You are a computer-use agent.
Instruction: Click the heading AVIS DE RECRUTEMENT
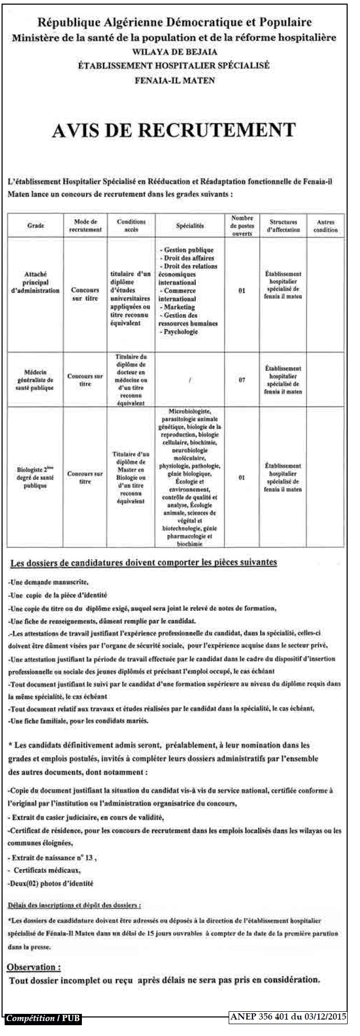pos(174,130)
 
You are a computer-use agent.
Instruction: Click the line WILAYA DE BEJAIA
pos(175,52)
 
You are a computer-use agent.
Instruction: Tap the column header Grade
pos(36,226)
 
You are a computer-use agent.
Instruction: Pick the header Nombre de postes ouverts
pos(242,226)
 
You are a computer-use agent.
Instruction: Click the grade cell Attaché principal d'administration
pos(36,283)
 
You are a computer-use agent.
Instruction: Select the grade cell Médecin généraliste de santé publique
pos(36,379)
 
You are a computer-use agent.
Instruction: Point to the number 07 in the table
pos(242,380)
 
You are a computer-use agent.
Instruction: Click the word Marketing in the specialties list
pos(179,307)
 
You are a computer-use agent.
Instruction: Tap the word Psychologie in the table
pos(180,332)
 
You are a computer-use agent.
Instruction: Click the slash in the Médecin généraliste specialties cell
pos(190,380)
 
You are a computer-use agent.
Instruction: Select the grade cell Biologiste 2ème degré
pos(36,477)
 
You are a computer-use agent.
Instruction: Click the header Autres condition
pos(325,226)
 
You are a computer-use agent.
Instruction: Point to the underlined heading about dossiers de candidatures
pos(144,562)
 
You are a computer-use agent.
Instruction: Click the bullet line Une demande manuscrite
pos(49,582)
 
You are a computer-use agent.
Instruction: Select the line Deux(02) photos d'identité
pos(50,883)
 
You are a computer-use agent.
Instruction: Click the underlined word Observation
pos(34,967)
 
